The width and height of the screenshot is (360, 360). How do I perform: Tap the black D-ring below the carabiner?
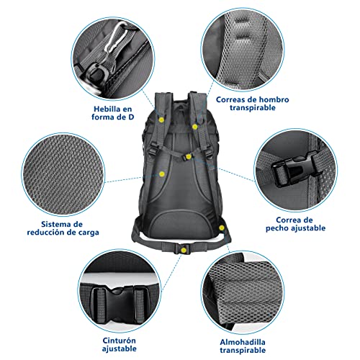pyautogui.click(x=98, y=73)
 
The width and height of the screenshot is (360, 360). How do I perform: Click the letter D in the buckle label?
pyautogui.click(x=131, y=117)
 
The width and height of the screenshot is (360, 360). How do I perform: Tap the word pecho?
pyautogui.click(x=277, y=228)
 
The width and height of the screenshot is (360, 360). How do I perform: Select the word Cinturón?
pyautogui.click(x=119, y=341)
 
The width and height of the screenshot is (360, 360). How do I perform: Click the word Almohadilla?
pyautogui.click(x=243, y=342)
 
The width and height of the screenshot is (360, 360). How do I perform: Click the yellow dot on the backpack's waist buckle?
pyautogui.click(x=184, y=251)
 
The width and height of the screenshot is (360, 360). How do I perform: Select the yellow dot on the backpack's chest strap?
pyautogui.click(x=189, y=157)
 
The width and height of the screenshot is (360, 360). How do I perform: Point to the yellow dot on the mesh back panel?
pyautogui.click(x=162, y=174)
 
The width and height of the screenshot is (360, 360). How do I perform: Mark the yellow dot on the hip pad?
pyautogui.click(x=222, y=228)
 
